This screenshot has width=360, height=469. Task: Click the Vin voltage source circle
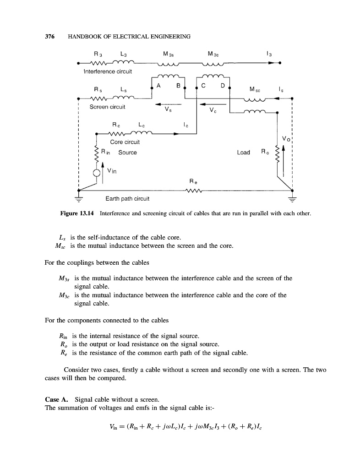(x=97, y=173)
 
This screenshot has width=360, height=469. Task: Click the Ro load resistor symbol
(x=277, y=155)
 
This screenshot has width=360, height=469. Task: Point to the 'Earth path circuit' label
(x=127, y=199)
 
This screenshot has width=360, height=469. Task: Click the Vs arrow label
(x=167, y=110)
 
